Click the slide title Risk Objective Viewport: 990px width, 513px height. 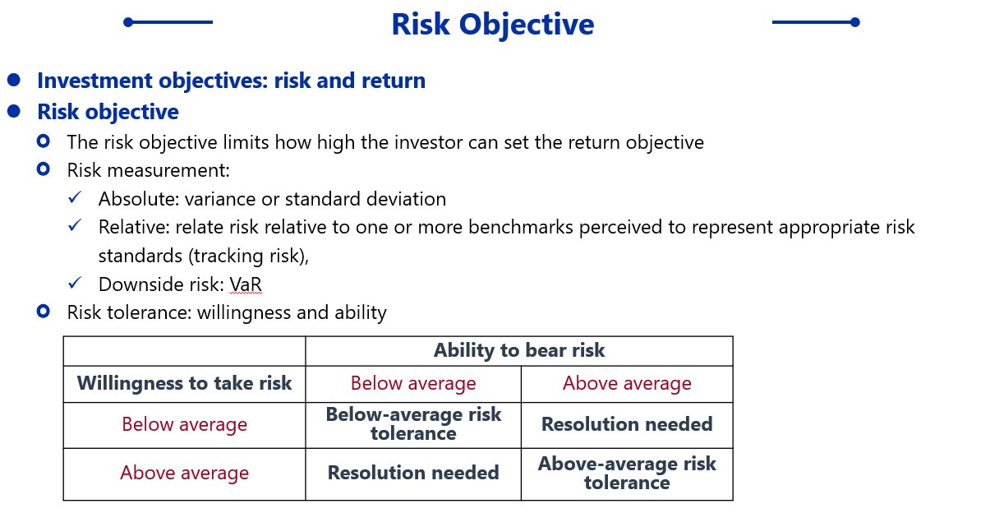tap(493, 25)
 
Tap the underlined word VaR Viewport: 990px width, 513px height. tap(246, 284)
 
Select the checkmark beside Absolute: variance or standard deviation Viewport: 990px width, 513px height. tap(75, 197)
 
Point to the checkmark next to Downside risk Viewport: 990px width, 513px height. tap(75, 283)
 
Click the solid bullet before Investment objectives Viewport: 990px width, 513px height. tap(14, 80)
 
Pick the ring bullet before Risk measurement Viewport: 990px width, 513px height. tap(44, 169)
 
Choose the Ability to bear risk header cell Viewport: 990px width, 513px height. tap(519, 350)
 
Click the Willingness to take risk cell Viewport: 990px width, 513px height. tap(184, 383)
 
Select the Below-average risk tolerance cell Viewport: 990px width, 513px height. tap(413, 424)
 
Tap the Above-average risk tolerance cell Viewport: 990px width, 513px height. tap(627, 474)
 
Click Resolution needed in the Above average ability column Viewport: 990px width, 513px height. tap(627, 424)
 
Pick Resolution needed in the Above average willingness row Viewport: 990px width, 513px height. tap(413, 474)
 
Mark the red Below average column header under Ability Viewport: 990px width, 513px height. tap(413, 383)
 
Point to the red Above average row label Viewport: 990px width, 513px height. tap(184, 474)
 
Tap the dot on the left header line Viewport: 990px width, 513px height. tap(128, 22)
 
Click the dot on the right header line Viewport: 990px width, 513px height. tap(855, 22)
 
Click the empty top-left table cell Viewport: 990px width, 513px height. tap(184, 351)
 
